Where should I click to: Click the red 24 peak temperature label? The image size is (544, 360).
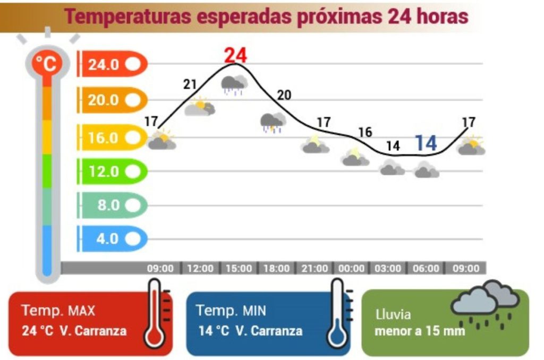point(235,55)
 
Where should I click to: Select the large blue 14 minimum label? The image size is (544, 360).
point(425,143)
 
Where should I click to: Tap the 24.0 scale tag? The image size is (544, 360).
point(112,65)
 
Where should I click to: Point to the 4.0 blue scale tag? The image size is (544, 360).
point(112,239)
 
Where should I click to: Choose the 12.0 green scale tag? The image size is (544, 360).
point(112,172)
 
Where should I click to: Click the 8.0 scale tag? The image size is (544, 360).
point(112,205)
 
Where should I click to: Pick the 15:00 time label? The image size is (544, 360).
point(239,269)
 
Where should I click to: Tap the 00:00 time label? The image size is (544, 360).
point(352,269)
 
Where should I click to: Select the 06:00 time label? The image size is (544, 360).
point(426,269)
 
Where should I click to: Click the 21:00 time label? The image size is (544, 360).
point(314,269)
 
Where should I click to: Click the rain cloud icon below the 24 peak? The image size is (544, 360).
point(234,85)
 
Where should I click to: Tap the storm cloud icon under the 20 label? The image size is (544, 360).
point(273,123)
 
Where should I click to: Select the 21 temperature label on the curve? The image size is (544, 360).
point(190,84)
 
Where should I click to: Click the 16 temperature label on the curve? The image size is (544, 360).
point(365,132)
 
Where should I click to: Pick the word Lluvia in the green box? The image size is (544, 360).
point(393,314)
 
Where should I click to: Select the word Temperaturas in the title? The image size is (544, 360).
point(127,17)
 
